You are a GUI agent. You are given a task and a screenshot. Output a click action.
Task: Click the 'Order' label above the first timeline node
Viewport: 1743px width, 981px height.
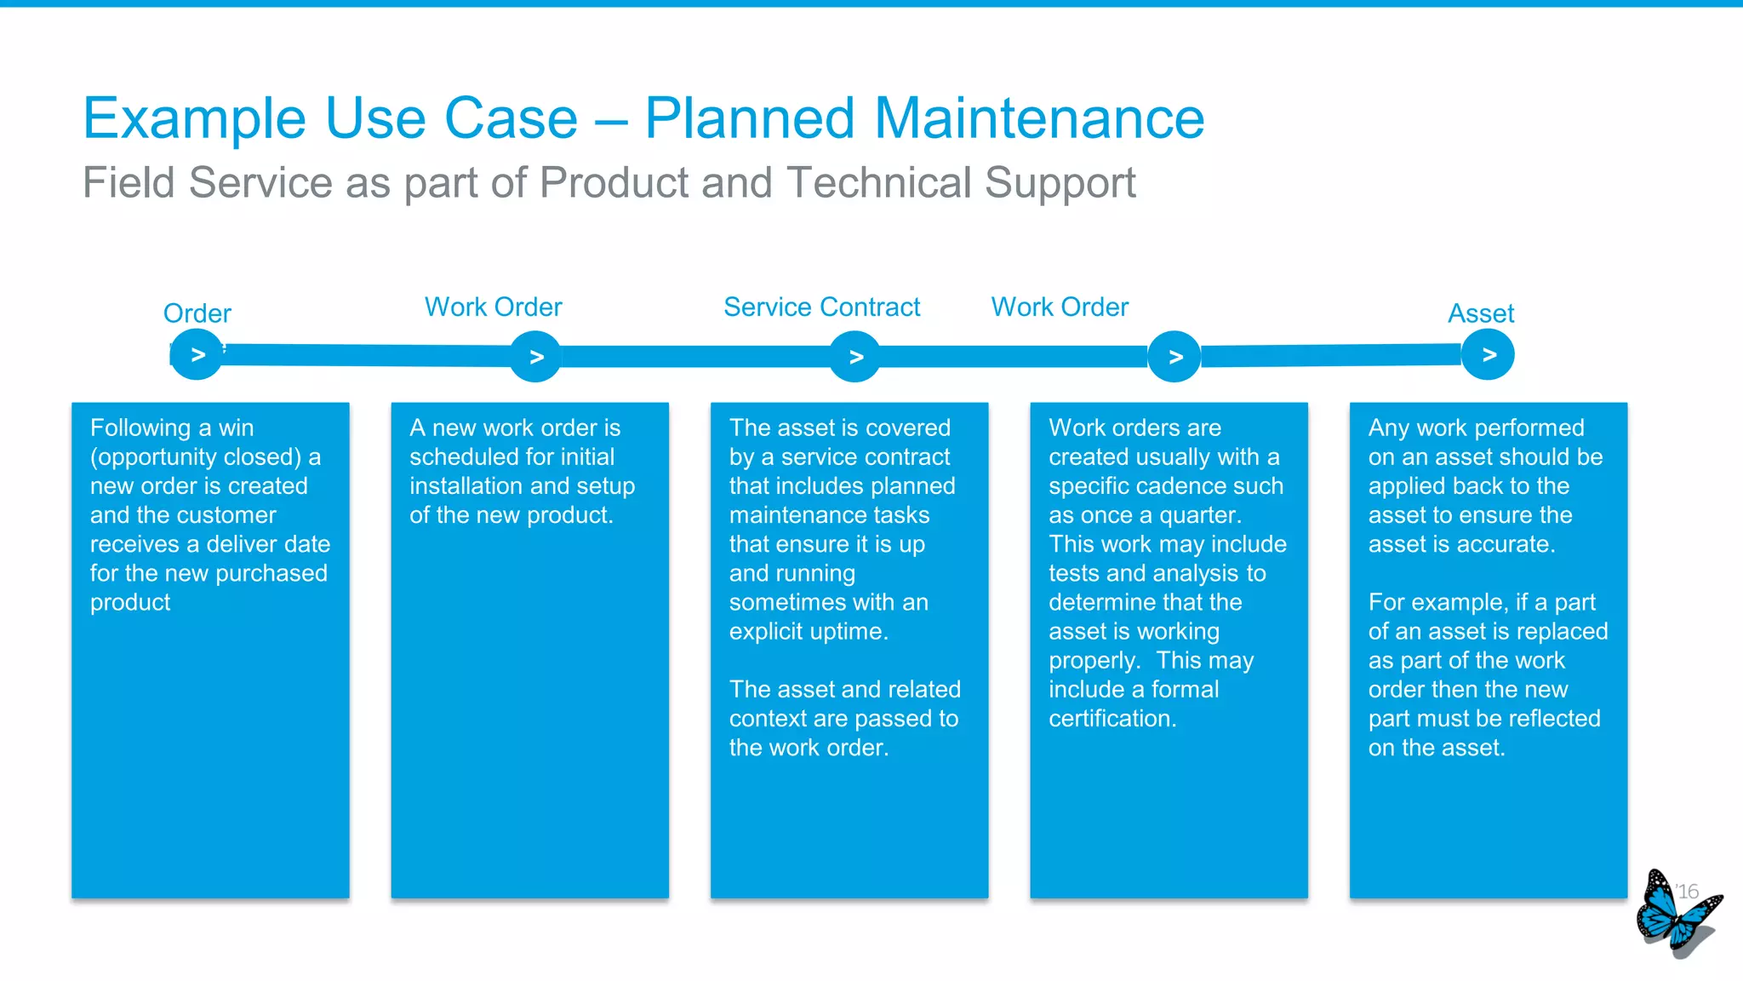pyautogui.click(x=197, y=313)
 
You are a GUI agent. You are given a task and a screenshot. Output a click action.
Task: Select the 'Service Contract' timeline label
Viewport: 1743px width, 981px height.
pyautogui.click(x=821, y=307)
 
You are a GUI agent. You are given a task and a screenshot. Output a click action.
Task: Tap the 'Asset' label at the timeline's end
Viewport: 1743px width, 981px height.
pyautogui.click(x=1481, y=313)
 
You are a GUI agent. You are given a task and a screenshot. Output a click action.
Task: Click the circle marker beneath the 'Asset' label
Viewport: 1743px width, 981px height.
pyautogui.click(x=1488, y=355)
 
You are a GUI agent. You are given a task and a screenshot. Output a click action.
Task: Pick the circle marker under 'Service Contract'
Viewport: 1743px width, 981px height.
pyautogui.click(x=855, y=357)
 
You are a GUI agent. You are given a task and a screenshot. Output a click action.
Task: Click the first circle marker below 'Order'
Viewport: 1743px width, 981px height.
pyautogui.click(x=197, y=355)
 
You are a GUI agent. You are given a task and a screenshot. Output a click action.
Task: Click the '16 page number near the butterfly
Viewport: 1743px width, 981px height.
pyautogui.click(x=1687, y=892)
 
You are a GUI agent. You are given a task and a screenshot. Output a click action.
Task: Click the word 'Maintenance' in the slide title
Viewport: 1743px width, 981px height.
pyautogui.click(x=1039, y=118)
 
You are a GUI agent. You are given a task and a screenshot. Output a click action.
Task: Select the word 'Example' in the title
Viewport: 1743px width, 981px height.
pyautogui.click(x=194, y=118)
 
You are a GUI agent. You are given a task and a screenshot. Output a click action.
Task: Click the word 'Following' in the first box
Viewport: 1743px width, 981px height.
pyautogui.click(x=140, y=427)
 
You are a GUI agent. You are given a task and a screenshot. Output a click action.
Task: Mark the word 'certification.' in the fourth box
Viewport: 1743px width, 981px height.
pyautogui.click(x=1112, y=718)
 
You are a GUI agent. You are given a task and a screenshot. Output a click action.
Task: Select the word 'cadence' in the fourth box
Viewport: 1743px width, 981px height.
pyautogui.click(x=1197, y=485)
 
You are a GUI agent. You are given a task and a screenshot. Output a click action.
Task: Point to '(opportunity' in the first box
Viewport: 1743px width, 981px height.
pyautogui.click(x=150, y=457)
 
